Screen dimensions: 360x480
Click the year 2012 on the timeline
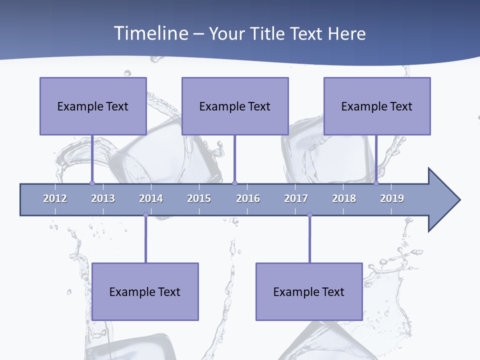55,198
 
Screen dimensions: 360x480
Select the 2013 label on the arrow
103,198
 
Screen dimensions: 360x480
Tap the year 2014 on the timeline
151,198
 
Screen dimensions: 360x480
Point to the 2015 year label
199,198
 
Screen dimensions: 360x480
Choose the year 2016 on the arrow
248,198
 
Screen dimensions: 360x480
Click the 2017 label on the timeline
296,198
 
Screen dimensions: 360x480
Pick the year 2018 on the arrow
344,198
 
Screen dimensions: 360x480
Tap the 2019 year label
392,198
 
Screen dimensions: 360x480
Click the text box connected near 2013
93,106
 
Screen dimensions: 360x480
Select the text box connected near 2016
235,106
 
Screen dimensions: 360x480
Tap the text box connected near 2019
377,106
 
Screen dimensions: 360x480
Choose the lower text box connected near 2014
145,291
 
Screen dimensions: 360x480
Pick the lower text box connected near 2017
309,291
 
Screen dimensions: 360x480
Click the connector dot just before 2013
92,183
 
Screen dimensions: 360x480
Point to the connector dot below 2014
145,215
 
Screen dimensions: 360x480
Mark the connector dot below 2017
309,215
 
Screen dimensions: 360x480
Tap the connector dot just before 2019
376,183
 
